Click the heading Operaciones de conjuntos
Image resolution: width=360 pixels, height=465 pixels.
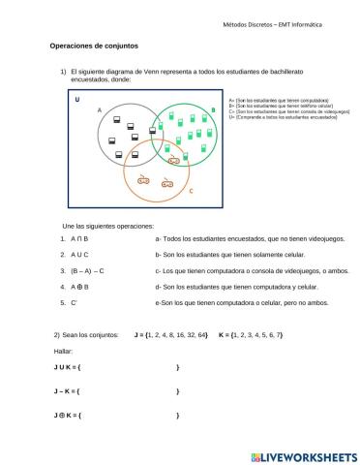pyautogui.click(x=94, y=46)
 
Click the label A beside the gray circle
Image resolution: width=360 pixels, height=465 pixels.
pyautogui.click(x=100, y=110)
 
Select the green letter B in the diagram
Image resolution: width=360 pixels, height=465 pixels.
pyautogui.click(x=214, y=110)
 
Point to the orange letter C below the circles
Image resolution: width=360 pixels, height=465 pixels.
pyautogui.click(x=191, y=191)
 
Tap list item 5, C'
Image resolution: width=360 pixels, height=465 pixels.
pyautogui.click(x=74, y=303)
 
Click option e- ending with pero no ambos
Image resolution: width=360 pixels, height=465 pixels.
pyautogui.click(x=238, y=303)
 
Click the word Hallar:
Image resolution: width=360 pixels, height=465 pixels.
pyautogui.click(x=63, y=351)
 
